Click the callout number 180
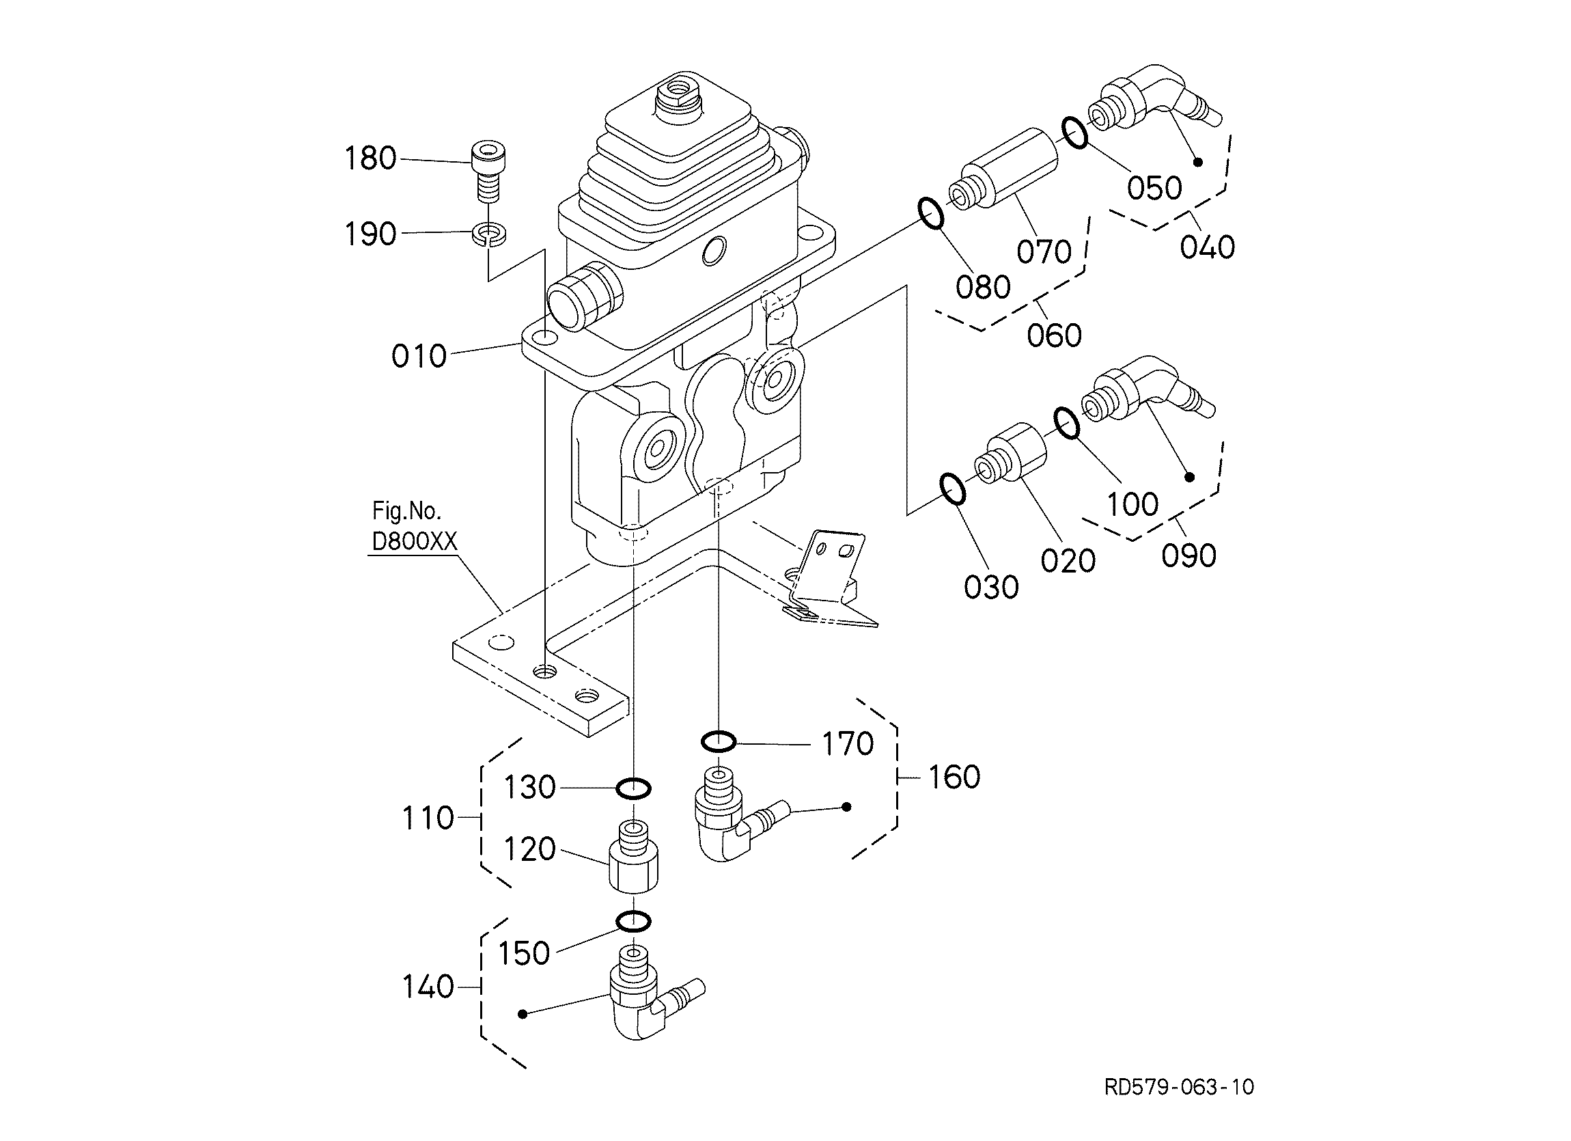coord(371,159)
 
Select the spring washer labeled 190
coord(488,234)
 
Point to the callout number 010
coord(419,357)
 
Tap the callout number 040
coord(1208,247)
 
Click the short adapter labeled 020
coord(1011,452)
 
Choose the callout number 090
coord(1189,555)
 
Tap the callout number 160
coord(954,778)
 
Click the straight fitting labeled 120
coord(634,856)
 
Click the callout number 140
coord(428,987)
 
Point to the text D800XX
coord(415,542)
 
